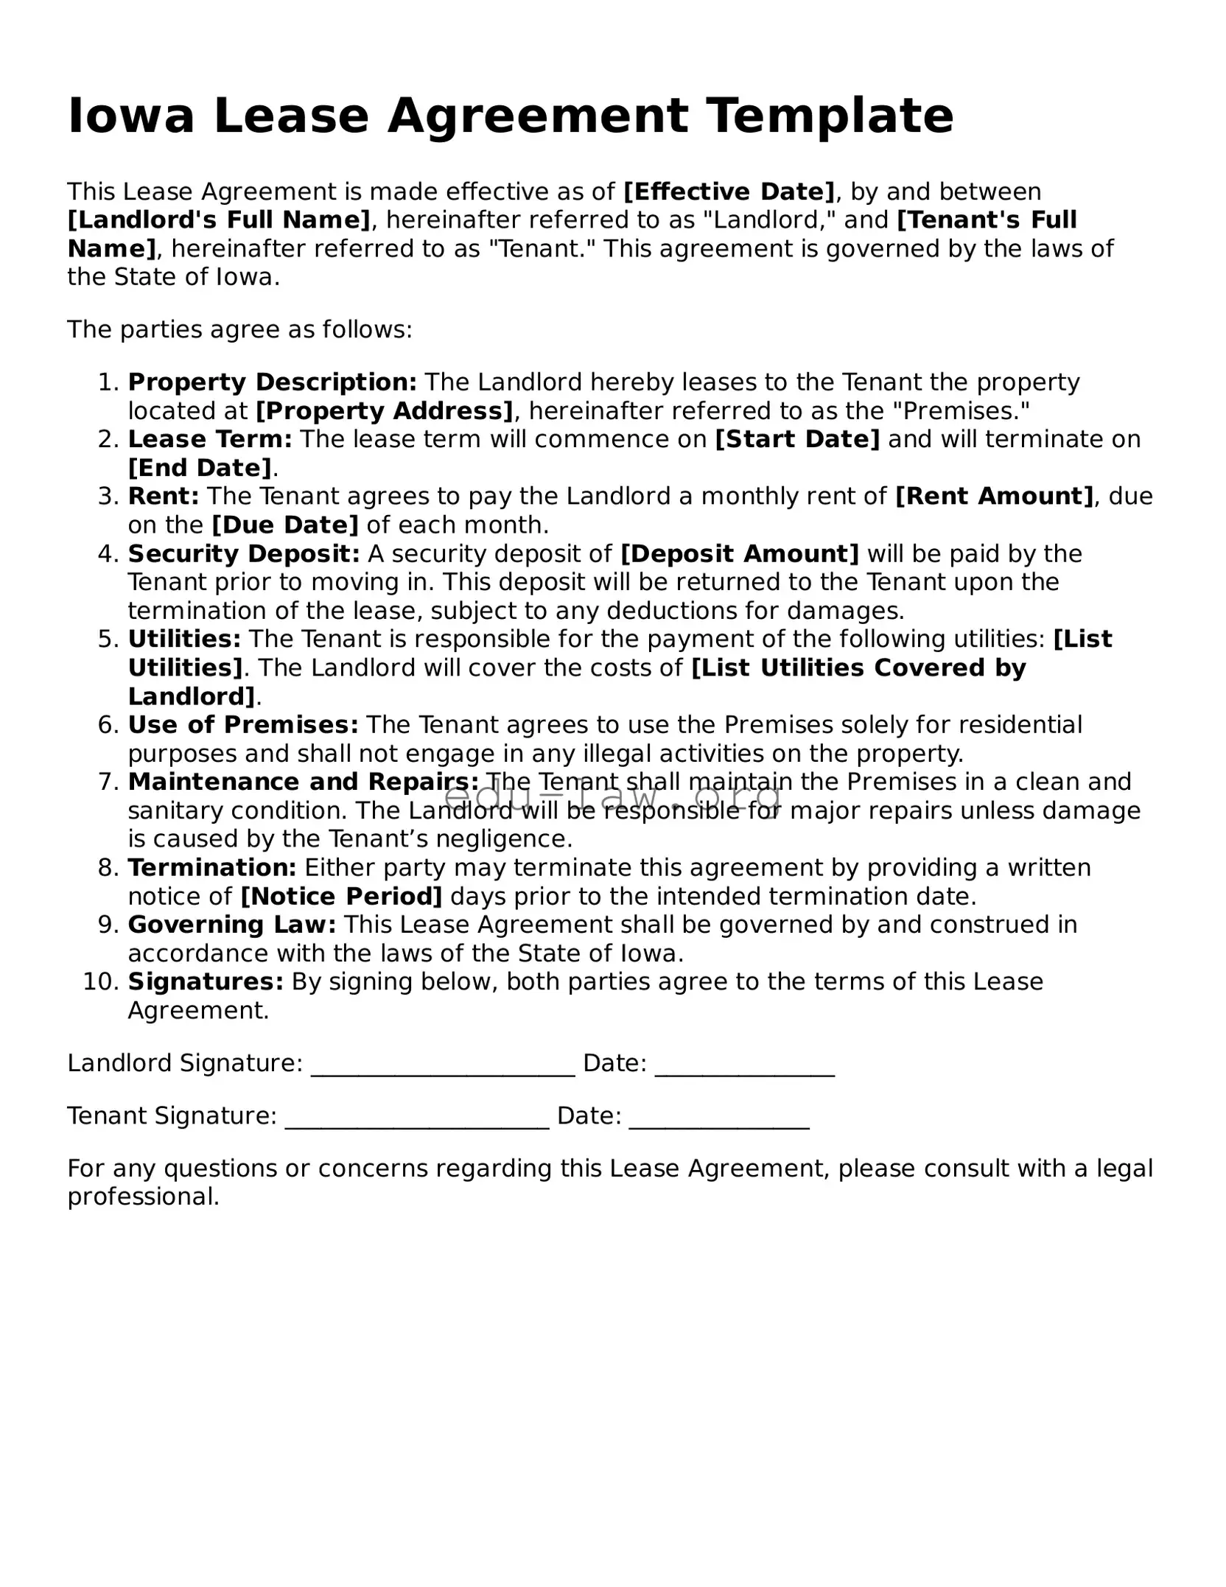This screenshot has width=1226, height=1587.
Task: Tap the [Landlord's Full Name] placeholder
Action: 219,220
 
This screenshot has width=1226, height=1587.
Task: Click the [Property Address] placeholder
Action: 384,410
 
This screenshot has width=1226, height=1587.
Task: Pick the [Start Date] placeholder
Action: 797,439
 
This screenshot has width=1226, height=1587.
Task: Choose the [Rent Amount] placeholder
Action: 994,496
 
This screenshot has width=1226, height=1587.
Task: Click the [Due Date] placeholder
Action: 285,525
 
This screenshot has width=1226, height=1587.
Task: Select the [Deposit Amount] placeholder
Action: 740,553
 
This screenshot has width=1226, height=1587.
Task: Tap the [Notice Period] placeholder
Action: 342,897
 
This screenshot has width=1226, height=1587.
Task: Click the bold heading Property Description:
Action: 273,382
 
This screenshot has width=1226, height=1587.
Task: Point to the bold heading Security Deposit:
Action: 244,553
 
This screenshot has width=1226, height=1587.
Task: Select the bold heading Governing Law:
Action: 232,925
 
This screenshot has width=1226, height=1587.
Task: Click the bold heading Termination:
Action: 212,868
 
